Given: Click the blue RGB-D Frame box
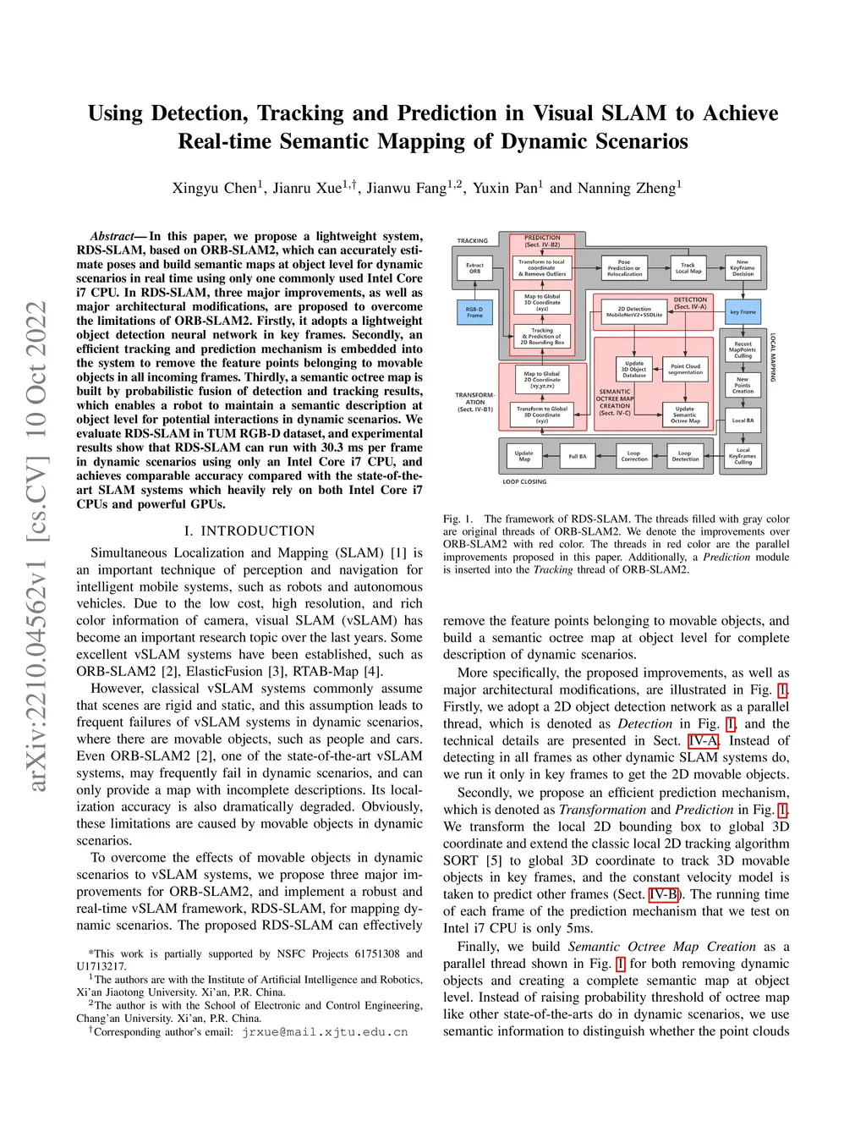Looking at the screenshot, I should (474, 312).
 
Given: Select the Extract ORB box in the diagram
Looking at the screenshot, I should (474, 268).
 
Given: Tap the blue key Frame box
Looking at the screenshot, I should (743, 311).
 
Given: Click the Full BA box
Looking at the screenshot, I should (578, 456).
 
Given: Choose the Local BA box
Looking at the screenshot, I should (743, 420).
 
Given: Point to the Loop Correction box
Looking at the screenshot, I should (633, 456).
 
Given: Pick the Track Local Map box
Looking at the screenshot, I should (688, 268).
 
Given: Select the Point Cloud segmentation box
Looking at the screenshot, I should (685, 370).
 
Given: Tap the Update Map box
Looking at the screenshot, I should (524, 456).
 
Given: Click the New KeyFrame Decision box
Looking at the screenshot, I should (743, 268).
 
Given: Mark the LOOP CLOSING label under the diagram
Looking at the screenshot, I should (524, 481).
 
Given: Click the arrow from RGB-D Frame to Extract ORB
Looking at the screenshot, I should (474, 288).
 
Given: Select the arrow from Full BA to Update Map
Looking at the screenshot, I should (551, 456).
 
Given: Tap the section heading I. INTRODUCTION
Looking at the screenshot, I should (249, 530).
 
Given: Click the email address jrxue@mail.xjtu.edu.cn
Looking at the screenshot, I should (325, 1032).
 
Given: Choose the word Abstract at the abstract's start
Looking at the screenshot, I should (112, 236).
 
